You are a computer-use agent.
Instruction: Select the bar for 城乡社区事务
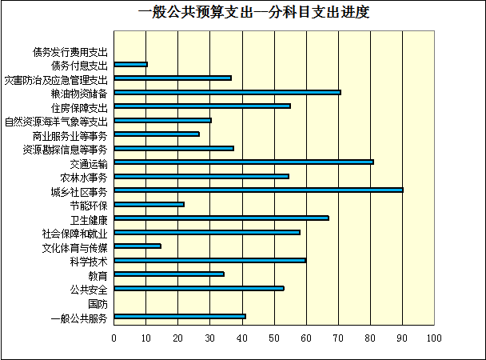[x=258, y=190]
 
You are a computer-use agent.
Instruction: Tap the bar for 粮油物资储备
[x=227, y=92]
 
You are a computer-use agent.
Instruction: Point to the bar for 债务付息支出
[x=131, y=64]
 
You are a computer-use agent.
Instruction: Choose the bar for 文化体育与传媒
[x=137, y=246]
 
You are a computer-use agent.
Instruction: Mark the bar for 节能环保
[x=149, y=204]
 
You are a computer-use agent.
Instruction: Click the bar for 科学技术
[x=209, y=260]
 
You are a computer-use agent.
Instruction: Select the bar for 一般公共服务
[x=180, y=316]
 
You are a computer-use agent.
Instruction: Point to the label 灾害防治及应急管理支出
[x=56, y=79]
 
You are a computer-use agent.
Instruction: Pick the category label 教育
[x=97, y=275]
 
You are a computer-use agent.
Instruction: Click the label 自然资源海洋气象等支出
[x=56, y=122]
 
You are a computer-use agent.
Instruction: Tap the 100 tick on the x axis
[x=434, y=338]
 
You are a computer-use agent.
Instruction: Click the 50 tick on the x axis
[x=274, y=338]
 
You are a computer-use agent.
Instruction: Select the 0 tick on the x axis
[x=114, y=338]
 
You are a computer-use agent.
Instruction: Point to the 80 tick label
[x=370, y=338]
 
